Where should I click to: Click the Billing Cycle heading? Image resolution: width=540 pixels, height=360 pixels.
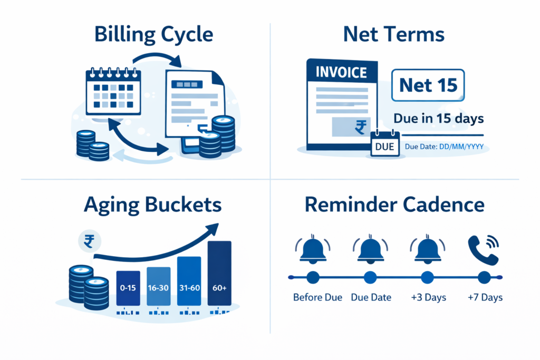pyautogui.click(x=153, y=35)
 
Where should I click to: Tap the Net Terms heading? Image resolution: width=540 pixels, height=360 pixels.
pyautogui.click(x=393, y=35)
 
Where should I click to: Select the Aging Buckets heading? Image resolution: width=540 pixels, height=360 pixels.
pyautogui.click(x=152, y=205)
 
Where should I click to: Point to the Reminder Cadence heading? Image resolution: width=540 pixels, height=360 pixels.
pyautogui.click(x=394, y=205)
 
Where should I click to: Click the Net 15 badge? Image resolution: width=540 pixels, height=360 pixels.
pyautogui.click(x=428, y=85)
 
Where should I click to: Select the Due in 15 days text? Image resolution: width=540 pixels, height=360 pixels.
pyautogui.click(x=439, y=119)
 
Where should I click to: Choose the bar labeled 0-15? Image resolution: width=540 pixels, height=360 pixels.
pyautogui.click(x=128, y=288)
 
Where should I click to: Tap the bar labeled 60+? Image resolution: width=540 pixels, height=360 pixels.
pyautogui.click(x=219, y=273)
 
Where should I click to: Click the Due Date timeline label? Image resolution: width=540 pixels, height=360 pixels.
pyautogui.click(x=370, y=298)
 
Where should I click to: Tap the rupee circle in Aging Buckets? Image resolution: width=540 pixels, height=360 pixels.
pyautogui.click(x=89, y=241)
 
